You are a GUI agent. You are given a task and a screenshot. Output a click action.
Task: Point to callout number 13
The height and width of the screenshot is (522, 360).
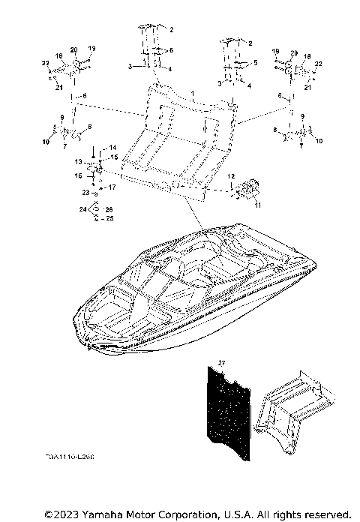(77, 161)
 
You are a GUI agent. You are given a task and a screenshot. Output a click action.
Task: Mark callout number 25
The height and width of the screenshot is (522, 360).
(109, 218)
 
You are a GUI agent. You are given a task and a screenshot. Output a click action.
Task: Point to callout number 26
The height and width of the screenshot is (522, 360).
(109, 209)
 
